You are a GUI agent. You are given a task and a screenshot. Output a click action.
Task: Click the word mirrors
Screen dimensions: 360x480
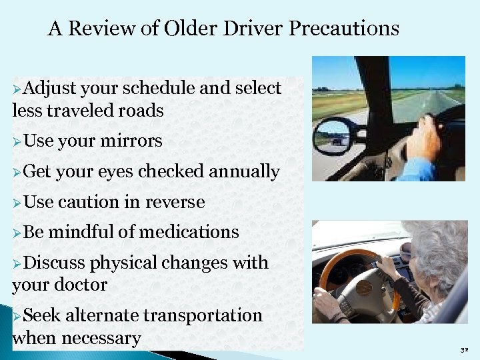click(x=131, y=141)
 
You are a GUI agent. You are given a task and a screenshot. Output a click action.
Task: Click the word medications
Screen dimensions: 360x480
click(x=189, y=232)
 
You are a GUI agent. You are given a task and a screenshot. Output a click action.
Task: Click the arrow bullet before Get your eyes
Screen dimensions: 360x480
click(x=17, y=172)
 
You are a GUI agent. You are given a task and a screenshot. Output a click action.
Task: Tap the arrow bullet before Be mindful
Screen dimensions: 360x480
click(x=17, y=233)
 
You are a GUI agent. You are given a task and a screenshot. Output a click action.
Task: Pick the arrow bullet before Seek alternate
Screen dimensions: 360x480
click(x=17, y=315)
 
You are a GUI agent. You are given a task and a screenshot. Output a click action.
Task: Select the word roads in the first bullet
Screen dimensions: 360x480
click(x=141, y=110)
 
